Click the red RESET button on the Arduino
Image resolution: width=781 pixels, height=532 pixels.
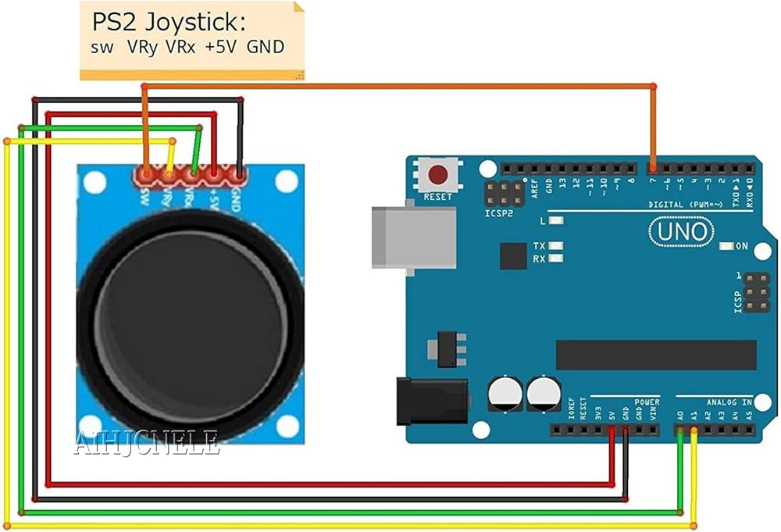438,174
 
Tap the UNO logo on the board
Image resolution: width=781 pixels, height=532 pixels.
680,231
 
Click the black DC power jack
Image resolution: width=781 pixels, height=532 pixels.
430,401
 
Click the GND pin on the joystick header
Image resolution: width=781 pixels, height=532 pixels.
239,173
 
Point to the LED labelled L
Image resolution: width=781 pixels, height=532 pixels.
557,221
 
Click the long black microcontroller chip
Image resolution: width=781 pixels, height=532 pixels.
655,355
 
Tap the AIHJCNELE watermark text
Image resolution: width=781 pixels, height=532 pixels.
146,445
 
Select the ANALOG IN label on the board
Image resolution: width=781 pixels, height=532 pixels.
729,402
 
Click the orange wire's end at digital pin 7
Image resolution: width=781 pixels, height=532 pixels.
653,167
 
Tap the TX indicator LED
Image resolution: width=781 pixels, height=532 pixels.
557,245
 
